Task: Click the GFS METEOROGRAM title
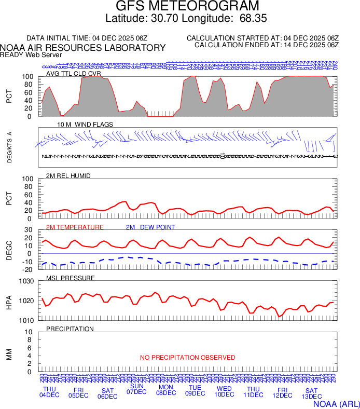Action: [x=187, y=6]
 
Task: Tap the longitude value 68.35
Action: [x=253, y=19]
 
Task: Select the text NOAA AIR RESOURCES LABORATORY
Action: [x=83, y=48]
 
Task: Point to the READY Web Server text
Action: [x=31, y=54]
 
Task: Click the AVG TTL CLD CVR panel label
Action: [x=73, y=74]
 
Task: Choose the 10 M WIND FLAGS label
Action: [x=85, y=125]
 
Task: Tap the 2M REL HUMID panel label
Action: [x=68, y=176]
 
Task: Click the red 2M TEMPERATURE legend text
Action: [x=75, y=227]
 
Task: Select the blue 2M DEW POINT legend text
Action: [x=150, y=227]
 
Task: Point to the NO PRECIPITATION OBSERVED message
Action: [x=187, y=358]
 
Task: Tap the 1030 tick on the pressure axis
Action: [x=27, y=281]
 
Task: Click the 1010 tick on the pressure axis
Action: [x=27, y=320]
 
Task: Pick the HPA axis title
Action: [x=9, y=301]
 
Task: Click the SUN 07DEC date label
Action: [x=137, y=389]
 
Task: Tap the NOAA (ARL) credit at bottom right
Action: [x=336, y=403]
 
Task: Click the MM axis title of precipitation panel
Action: [x=9, y=352]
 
